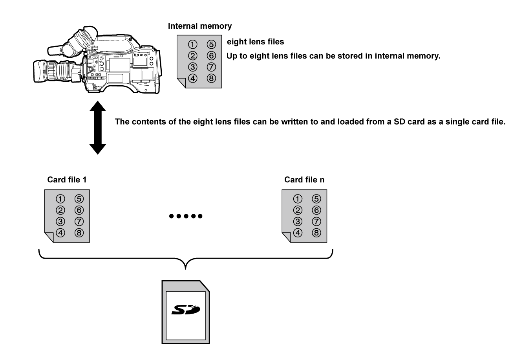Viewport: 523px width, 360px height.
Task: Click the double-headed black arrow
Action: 98,127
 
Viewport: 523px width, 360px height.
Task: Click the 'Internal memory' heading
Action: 199,27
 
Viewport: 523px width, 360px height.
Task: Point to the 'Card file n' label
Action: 304,180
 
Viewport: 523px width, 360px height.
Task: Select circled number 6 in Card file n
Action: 316,210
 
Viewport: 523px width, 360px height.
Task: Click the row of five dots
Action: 185,216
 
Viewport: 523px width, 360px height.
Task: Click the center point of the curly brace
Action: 186,264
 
